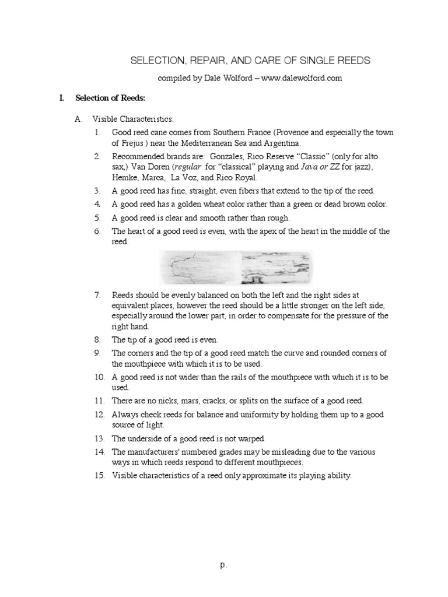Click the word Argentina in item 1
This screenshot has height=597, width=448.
coord(282,143)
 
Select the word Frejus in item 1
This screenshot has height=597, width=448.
coord(132,143)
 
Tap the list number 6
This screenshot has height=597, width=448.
coord(97,231)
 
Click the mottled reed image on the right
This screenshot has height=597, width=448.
coord(275,266)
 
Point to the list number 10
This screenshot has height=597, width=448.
coord(99,377)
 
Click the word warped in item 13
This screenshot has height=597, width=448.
coord(253,438)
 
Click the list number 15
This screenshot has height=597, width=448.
coord(99,476)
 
